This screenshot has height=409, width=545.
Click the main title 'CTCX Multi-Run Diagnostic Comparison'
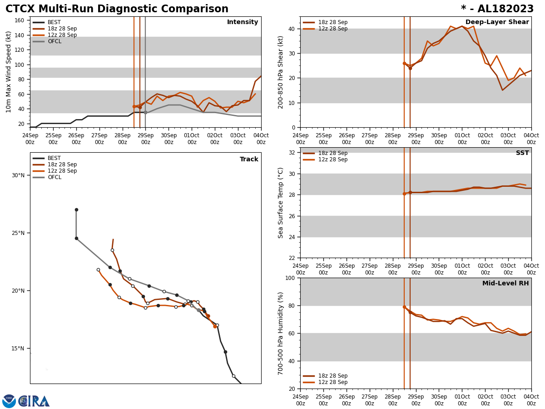(117, 9)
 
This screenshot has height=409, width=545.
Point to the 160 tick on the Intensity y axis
(20, 20)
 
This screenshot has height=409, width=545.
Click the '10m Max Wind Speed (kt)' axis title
(9, 72)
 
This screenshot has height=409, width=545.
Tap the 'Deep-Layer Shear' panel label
(497, 22)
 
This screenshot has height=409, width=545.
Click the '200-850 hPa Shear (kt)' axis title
(281, 72)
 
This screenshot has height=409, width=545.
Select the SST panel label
(522, 153)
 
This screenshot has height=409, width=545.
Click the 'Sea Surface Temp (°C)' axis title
(281, 203)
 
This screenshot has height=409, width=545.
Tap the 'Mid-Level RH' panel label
(505, 284)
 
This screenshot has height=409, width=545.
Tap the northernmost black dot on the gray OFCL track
(76, 209)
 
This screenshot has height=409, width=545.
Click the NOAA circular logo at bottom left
(9, 401)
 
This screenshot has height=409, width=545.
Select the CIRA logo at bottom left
(35, 401)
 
